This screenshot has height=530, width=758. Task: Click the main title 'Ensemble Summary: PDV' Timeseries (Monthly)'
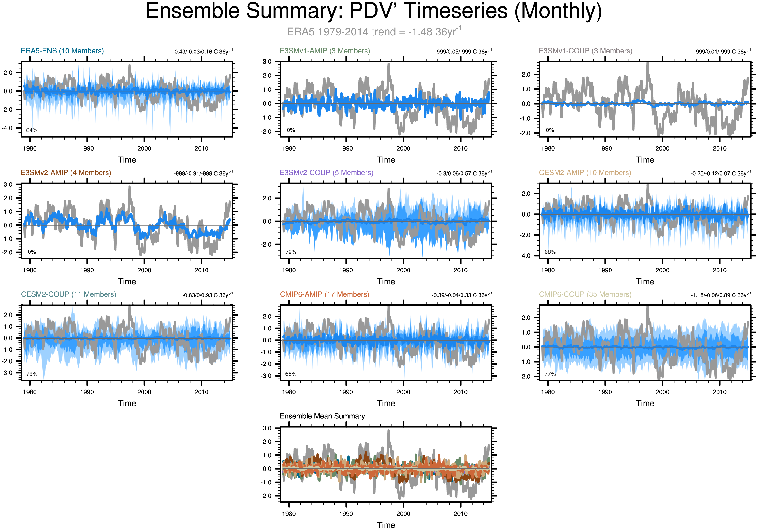[374, 11]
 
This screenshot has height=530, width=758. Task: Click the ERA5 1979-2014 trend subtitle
[374, 32]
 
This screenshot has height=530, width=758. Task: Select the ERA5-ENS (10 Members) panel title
[62, 51]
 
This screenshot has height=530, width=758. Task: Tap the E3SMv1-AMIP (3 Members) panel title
[325, 51]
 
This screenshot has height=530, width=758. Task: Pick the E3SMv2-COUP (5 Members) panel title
[326, 173]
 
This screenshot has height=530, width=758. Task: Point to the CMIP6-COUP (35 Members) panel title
[585, 294]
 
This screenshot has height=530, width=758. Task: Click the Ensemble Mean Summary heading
[322, 416]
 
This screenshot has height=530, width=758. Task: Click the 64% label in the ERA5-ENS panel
[32, 130]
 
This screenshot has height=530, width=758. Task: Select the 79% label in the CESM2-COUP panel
[32, 374]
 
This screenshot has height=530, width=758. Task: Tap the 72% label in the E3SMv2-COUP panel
[291, 252]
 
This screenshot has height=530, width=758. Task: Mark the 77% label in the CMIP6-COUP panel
[550, 374]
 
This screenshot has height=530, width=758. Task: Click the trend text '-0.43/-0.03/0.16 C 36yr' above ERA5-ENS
[202, 52]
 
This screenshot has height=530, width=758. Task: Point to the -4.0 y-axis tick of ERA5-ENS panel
[7, 128]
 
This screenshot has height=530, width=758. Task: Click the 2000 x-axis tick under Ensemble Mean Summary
[403, 514]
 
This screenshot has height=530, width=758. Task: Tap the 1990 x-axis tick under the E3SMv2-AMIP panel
[87, 270]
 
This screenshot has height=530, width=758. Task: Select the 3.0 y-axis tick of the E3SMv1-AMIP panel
[267, 62]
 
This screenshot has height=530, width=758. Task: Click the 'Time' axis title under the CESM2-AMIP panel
[645, 282]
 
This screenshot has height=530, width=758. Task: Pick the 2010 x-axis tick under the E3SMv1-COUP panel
[719, 148]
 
